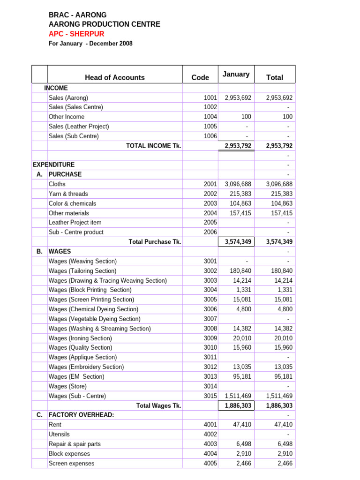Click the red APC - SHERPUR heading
coord(76,34)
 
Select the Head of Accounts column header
coord(115,78)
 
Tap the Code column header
coord(200,78)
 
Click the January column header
coord(236,74)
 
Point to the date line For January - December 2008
coord(90,44)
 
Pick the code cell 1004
coord(210,117)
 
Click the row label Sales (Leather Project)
coord(79,127)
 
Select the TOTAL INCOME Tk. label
coord(154,146)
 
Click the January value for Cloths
coord(238,184)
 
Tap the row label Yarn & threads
coord(68,194)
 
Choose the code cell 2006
coord(210,232)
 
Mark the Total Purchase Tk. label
coord(155,242)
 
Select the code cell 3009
coord(210,338)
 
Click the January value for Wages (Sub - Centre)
coord(238,396)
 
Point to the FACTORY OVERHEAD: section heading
coord(82,415)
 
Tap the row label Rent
coord(55,425)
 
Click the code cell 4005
coord(210,463)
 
